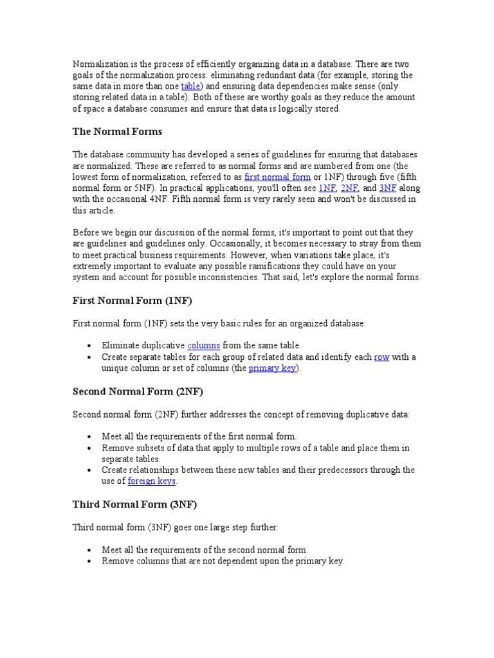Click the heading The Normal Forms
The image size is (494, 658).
[117, 132]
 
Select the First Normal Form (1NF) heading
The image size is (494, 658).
[132, 301]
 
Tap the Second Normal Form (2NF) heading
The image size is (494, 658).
[138, 391]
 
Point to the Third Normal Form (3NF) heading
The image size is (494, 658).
[134, 504]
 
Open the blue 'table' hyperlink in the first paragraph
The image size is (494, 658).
[191, 86]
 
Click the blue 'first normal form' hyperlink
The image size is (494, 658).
[277, 177]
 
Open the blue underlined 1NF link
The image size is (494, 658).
[327, 188]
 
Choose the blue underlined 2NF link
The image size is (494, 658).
[349, 188]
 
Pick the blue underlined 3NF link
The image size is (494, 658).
[388, 188]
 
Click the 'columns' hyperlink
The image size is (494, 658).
[203, 346]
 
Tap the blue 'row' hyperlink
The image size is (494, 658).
[381, 357]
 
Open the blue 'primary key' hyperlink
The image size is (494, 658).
[272, 369]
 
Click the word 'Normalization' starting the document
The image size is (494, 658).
[99, 64]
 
